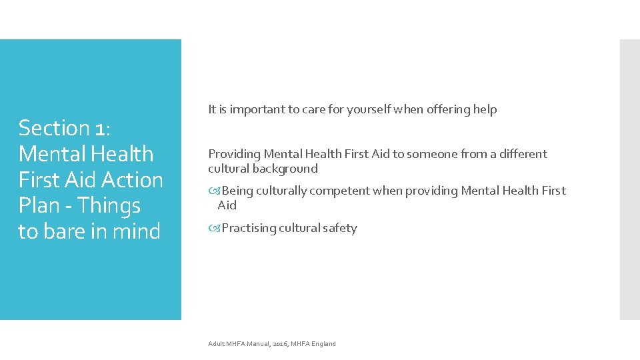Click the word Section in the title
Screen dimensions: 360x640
click(54, 127)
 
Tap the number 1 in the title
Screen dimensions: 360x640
click(102, 127)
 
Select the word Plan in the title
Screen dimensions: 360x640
click(39, 206)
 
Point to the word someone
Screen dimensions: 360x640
click(432, 154)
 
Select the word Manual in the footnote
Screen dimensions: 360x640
click(258, 344)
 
